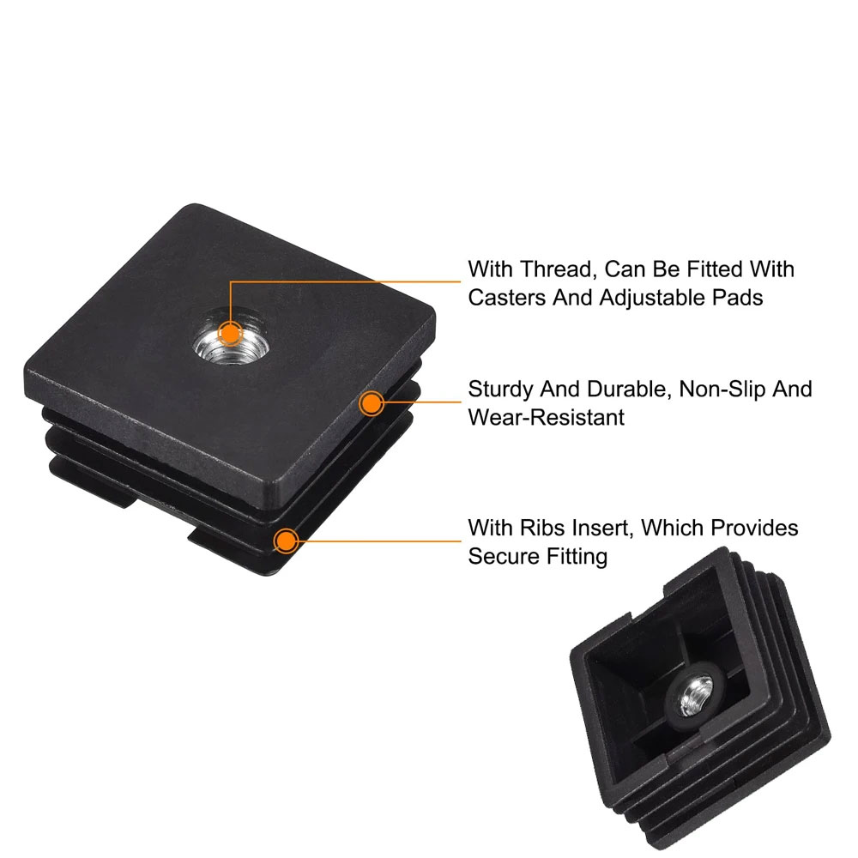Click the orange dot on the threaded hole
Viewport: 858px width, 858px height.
click(x=230, y=333)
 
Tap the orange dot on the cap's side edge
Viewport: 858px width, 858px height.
click(x=372, y=403)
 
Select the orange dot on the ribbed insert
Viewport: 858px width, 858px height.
click(x=286, y=541)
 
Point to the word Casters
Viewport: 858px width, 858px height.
click(x=507, y=298)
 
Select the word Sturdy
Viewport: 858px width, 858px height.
click(x=501, y=390)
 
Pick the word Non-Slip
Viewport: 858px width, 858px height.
click(x=722, y=389)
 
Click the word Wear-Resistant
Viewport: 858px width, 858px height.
click(x=546, y=418)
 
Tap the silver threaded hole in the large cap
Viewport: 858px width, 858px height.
click(x=231, y=336)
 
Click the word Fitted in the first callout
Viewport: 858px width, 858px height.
click(x=716, y=269)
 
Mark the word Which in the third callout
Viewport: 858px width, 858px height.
click(x=674, y=528)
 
